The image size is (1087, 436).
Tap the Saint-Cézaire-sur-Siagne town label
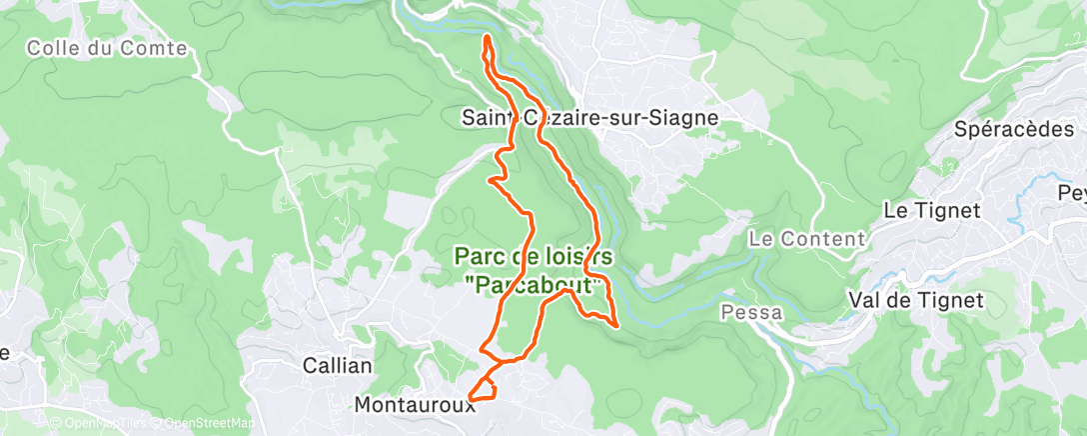(589, 118)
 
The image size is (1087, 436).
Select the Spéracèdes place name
(1013, 129)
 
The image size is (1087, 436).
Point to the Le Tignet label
(933, 210)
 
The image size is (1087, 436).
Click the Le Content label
(805, 239)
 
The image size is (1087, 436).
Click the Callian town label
(338, 366)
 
